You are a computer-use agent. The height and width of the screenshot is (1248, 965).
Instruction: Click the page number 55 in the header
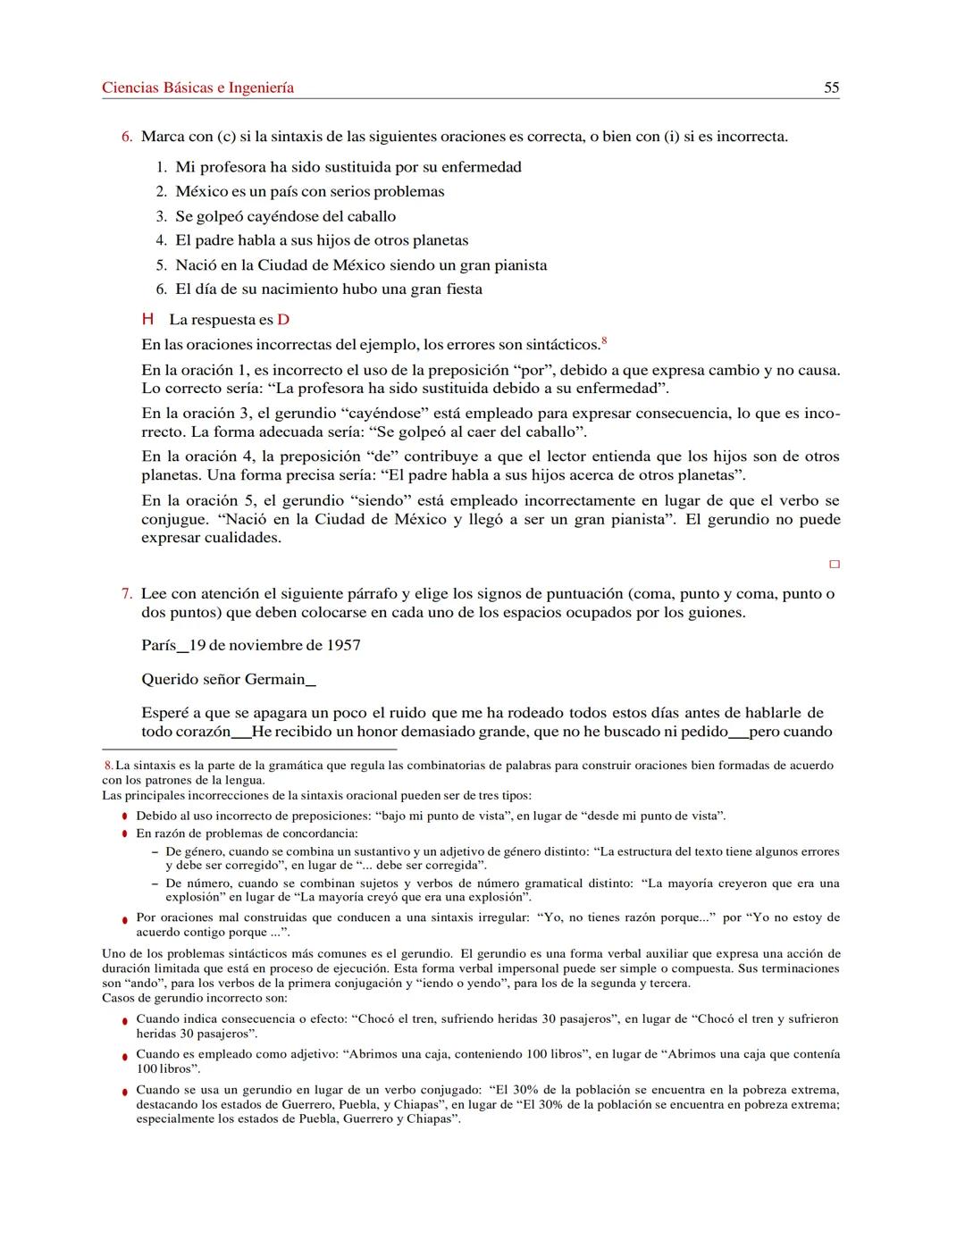831,88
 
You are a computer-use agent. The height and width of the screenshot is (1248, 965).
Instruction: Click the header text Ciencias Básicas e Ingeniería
197,88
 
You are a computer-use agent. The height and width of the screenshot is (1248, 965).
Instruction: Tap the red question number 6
127,137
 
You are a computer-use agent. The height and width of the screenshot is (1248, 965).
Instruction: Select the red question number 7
127,594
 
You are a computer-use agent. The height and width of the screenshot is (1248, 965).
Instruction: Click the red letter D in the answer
283,320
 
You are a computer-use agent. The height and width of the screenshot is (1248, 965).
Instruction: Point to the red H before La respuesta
148,320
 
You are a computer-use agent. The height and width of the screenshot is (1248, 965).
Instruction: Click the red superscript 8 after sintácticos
605,340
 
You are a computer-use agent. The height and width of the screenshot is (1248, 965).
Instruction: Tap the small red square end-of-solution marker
835,565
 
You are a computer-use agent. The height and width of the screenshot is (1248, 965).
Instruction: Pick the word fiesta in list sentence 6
457,289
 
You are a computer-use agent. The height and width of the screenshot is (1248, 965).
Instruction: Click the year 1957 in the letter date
343,645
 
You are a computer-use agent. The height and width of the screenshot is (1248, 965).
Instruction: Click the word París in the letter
158,645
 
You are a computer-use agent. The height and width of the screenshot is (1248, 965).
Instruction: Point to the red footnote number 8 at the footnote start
108,766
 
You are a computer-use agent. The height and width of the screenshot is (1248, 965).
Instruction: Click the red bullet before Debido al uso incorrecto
125,817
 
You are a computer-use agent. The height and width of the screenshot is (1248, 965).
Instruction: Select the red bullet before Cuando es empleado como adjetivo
125,1056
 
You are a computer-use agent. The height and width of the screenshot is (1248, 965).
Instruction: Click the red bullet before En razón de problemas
125,834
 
